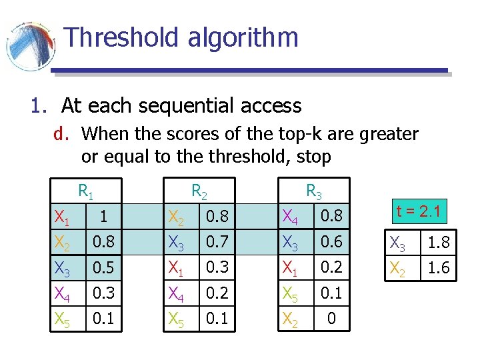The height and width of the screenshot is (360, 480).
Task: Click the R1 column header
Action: (85, 192)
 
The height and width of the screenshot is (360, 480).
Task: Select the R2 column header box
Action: (199, 192)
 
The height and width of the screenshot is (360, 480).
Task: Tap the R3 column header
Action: (313, 192)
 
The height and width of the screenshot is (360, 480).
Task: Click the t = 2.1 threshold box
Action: (418, 213)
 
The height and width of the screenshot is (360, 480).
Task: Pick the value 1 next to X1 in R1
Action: (103, 217)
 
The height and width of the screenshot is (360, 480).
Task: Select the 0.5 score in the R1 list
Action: (103, 269)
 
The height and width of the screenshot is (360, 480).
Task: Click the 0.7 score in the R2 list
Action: (217, 243)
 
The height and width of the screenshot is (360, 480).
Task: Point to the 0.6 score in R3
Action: (331, 243)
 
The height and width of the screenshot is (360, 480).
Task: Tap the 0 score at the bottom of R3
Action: (331, 320)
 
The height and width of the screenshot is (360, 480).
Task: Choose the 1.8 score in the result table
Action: (439, 243)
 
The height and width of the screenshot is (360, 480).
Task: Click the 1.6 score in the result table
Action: (439, 268)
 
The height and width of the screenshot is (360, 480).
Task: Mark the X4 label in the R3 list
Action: (290, 217)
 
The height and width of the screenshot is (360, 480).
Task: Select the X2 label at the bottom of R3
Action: (290, 320)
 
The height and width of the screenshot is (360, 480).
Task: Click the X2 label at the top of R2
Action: (176, 217)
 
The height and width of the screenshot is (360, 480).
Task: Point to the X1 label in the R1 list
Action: (63, 217)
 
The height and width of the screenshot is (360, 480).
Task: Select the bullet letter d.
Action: (61, 135)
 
